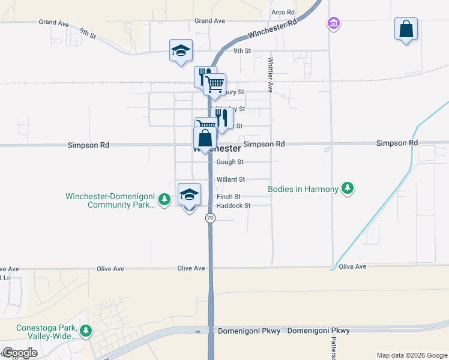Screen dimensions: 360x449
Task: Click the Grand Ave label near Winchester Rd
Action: click(x=209, y=21)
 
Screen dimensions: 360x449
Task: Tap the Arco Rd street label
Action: click(x=283, y=12)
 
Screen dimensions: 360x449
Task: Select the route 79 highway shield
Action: click(x=210, y=218)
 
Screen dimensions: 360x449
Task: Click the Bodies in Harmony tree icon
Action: click(x=347, y=189)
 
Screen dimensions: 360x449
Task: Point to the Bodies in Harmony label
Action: click(x=303, y=190)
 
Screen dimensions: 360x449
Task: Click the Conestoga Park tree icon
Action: click(x=86, y=331)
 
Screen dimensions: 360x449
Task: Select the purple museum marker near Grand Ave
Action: click(x=333, y=24)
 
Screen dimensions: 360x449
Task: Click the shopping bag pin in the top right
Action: click(x=406, y=29)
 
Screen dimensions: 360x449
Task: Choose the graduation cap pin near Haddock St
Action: click(x=190, y=195)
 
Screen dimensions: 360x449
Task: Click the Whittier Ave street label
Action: click(x=271, y=74)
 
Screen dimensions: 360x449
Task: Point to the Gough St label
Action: click(x=229, y=162)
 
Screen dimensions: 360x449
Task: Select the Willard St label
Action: click(x=231, y=179)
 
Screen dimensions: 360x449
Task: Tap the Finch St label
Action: click(x=228, y=197)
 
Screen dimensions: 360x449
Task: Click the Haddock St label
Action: click(x=233, y=206)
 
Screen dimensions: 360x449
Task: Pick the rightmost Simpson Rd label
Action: click(x=396, y=143)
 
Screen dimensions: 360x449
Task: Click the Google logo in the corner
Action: click(x=20, y=353)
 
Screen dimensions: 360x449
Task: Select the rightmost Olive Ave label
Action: click(x=352, y=266)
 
